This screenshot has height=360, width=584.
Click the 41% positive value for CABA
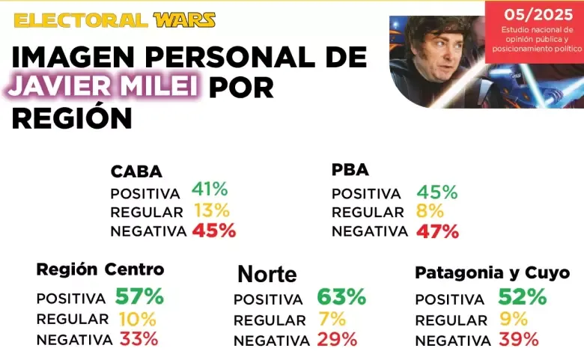[210, 190]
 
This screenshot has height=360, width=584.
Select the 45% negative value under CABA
[214, 231]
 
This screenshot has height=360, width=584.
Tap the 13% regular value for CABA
[211, 210]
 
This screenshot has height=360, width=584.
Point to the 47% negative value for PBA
[437, 231]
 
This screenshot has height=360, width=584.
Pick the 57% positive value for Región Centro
[139, 296]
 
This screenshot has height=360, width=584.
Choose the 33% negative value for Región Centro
[138, 338]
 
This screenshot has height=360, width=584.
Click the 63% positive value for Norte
[341, 297]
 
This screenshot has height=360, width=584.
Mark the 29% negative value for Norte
[336, 340]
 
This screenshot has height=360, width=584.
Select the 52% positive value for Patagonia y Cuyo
[523, 297]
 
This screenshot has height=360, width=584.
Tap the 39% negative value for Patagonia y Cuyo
[518, 340]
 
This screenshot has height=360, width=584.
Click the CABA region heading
[136, 171]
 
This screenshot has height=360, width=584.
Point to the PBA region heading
[350, 170]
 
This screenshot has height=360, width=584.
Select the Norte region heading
[267, 275]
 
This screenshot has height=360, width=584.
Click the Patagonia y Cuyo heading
[492, 272]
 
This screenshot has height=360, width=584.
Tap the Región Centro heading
[100, 269]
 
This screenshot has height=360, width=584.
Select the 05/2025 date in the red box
[532, 14]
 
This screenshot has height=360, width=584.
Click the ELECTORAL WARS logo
[115, 20]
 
